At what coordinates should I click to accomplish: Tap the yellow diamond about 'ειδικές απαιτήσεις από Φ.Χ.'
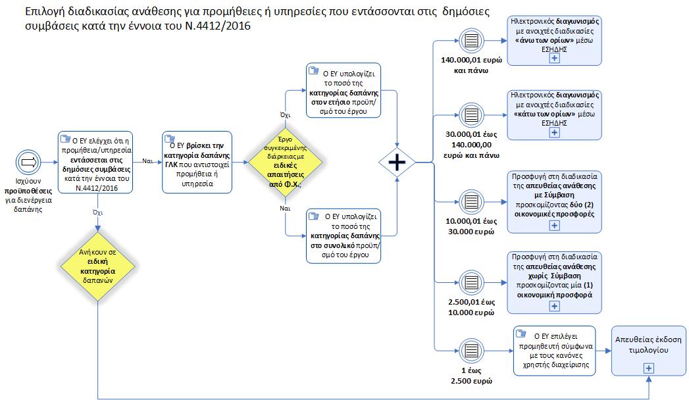[x=286, y=162]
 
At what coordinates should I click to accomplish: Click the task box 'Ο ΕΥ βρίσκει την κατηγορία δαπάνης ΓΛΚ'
[x=197, y=162]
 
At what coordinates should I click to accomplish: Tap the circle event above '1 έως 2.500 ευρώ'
[x=471, y=349]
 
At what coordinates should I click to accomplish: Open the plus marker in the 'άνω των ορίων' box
[x=554, y=58]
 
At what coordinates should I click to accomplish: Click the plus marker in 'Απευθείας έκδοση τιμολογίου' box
[x=649, y=368]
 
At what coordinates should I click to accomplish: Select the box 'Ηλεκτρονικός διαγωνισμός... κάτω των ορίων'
[x=555, y=114]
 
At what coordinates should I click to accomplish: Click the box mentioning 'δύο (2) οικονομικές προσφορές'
[x=554, y=201]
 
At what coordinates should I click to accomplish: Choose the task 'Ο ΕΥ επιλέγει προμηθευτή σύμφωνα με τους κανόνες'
[x=554, y=350]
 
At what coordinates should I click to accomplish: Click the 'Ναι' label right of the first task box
[x=148, y=161]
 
